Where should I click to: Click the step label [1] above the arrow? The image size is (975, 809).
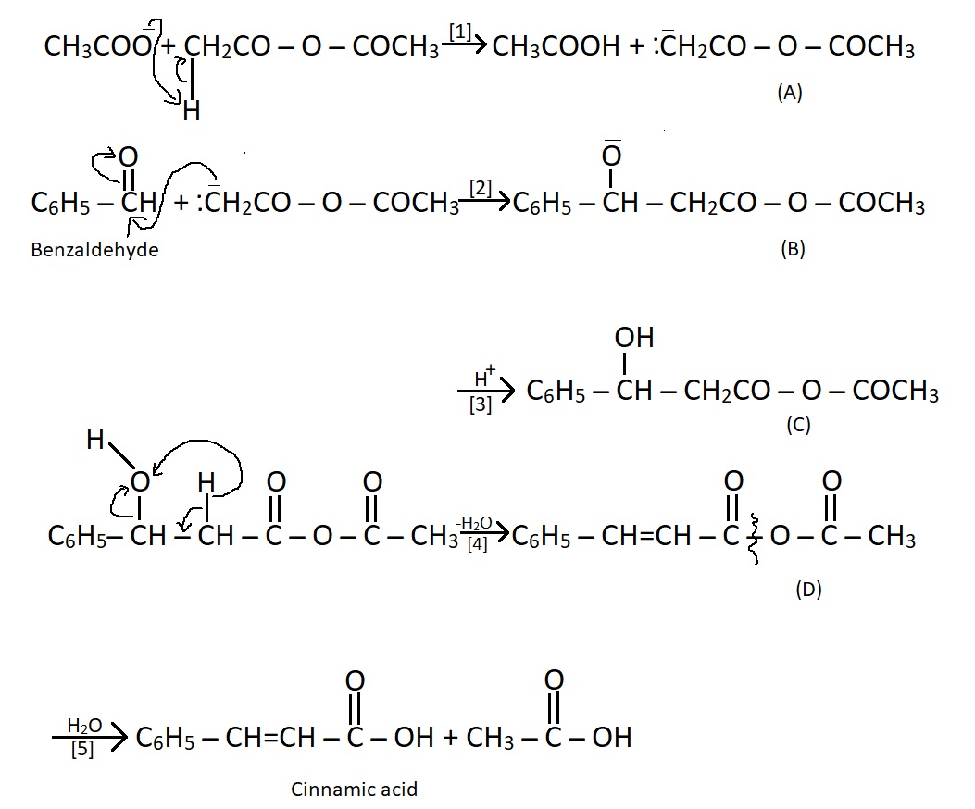point(459,32)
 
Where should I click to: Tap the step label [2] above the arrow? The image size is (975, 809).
point(479,189)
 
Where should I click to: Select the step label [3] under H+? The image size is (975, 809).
point(481,404)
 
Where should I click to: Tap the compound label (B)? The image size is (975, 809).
point(793,248)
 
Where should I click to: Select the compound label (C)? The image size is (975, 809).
point(797,425)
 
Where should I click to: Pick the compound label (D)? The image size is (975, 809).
point(808,590)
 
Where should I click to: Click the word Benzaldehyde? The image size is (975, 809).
point(94,249)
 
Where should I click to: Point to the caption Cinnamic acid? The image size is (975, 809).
point(354,790)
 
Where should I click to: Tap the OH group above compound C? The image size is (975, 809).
point(633,339)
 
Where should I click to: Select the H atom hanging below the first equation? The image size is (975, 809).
point(191,112)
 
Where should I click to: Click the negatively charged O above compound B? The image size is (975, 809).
point(611,156)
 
